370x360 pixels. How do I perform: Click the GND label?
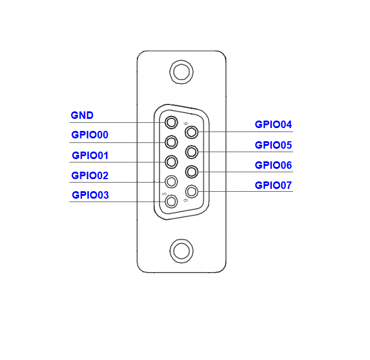coord(82,115)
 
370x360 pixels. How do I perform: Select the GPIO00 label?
coord(89,135)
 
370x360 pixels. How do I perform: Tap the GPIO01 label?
coord(90,156)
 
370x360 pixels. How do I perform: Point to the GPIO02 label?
coord(89,176)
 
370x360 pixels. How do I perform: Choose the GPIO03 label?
coord(91,195)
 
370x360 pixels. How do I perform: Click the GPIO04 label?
coord(273,125)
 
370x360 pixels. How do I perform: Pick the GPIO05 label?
coord(273,145)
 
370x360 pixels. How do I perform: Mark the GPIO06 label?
coord(273,165)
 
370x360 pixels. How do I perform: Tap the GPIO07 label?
coord(273,185)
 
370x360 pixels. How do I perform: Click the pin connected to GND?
coord(172,122)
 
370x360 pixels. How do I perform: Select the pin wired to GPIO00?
coord(172,142)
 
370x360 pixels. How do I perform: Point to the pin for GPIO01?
coord(172,162)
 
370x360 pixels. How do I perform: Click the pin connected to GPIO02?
coord(172,181)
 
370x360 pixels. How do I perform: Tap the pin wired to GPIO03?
coord(172,202)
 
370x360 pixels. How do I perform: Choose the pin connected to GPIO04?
coord(192,132)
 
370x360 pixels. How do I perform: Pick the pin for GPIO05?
coord(192,152)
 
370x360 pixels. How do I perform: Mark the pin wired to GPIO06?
coord(192,172)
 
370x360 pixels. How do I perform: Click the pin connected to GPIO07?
coord(192,191)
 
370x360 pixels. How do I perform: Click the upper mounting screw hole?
coord(181,72)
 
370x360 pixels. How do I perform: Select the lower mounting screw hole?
coord(181,251)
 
